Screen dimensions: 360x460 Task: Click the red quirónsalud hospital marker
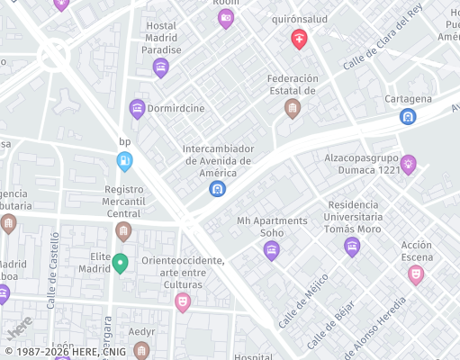click(x=299, y=39)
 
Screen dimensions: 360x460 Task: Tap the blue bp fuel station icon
click(x=125, y=161)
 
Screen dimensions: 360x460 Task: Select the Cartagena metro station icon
click(x=408, y=116)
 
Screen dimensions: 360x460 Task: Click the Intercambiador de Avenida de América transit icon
click(x=217, y=189)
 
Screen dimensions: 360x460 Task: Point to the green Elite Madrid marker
click(x=120, y=262)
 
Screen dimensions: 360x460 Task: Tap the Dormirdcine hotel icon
click(x=137, y=109)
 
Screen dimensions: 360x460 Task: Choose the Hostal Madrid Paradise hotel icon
click(x=161, y=67)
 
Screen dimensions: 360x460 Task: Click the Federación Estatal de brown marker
click(x=292, y=108)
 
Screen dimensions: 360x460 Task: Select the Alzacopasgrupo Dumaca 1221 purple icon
click(x=409, y=164)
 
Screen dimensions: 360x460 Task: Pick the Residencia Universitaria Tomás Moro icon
click(x=352, y=246)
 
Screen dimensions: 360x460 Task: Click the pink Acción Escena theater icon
click(x=416, y=274)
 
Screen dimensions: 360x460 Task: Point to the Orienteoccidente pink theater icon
click(x=183, y=301)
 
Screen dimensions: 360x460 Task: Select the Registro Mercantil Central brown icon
click(x=124, y=231)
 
